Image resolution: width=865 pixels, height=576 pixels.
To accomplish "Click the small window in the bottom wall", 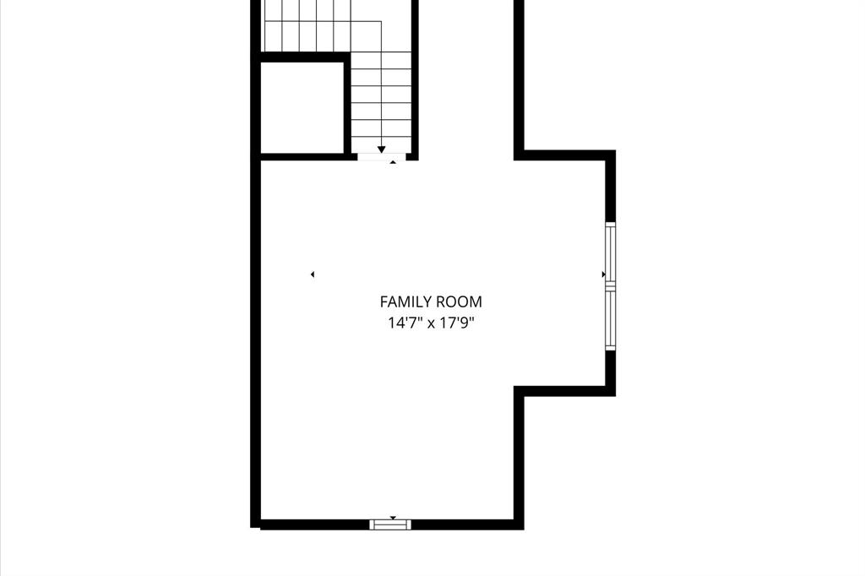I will (x=391, y=524).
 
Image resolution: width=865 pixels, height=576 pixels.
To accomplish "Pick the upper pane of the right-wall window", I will (x=610, y=254).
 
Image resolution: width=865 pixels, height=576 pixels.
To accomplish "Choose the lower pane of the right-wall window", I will (x=610, y=320).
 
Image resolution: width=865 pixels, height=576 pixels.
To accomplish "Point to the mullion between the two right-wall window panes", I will (x=610, y=288).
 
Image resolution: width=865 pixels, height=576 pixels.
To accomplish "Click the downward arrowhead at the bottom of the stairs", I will (x=382, y=149).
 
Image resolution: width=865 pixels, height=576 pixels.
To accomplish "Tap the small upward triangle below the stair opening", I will (x=392, y=161).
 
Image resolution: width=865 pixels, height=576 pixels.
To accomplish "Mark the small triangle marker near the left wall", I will (x=313, y=274).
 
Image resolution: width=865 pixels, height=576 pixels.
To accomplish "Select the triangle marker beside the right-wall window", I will (x=602, y=274).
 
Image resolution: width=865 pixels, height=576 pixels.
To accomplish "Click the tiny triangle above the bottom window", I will (x=392, y=517).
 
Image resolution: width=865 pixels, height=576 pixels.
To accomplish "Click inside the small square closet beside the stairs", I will (x=302, y=107).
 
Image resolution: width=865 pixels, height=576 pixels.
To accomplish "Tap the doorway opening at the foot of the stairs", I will (x=382, y=156).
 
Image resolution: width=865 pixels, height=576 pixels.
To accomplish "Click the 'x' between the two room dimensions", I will (x=431, y=323).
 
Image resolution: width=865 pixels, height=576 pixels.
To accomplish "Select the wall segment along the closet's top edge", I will (x=302, y=57).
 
